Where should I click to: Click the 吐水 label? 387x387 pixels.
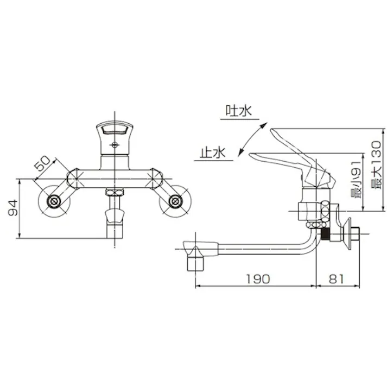click(239, 111)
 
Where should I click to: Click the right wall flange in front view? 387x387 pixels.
click(175, 202)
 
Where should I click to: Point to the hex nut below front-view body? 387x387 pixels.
click(114, 192)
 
